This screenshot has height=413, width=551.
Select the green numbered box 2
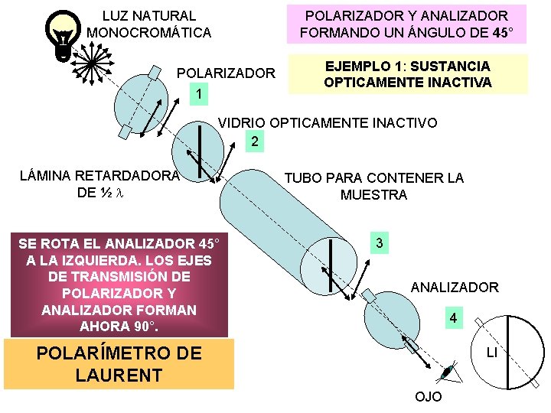(255, 141)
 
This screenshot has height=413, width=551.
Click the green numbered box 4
(454, 317)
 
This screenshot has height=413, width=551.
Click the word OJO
(428, 398)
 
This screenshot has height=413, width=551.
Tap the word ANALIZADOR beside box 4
(455, 288)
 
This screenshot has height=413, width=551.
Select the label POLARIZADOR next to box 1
(226, 73)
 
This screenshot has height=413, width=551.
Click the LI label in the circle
(493, 353)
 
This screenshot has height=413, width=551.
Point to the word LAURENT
(119, 375)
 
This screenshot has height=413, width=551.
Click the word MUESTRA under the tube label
(373, 195)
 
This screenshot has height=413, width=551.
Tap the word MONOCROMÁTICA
(149, 32)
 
